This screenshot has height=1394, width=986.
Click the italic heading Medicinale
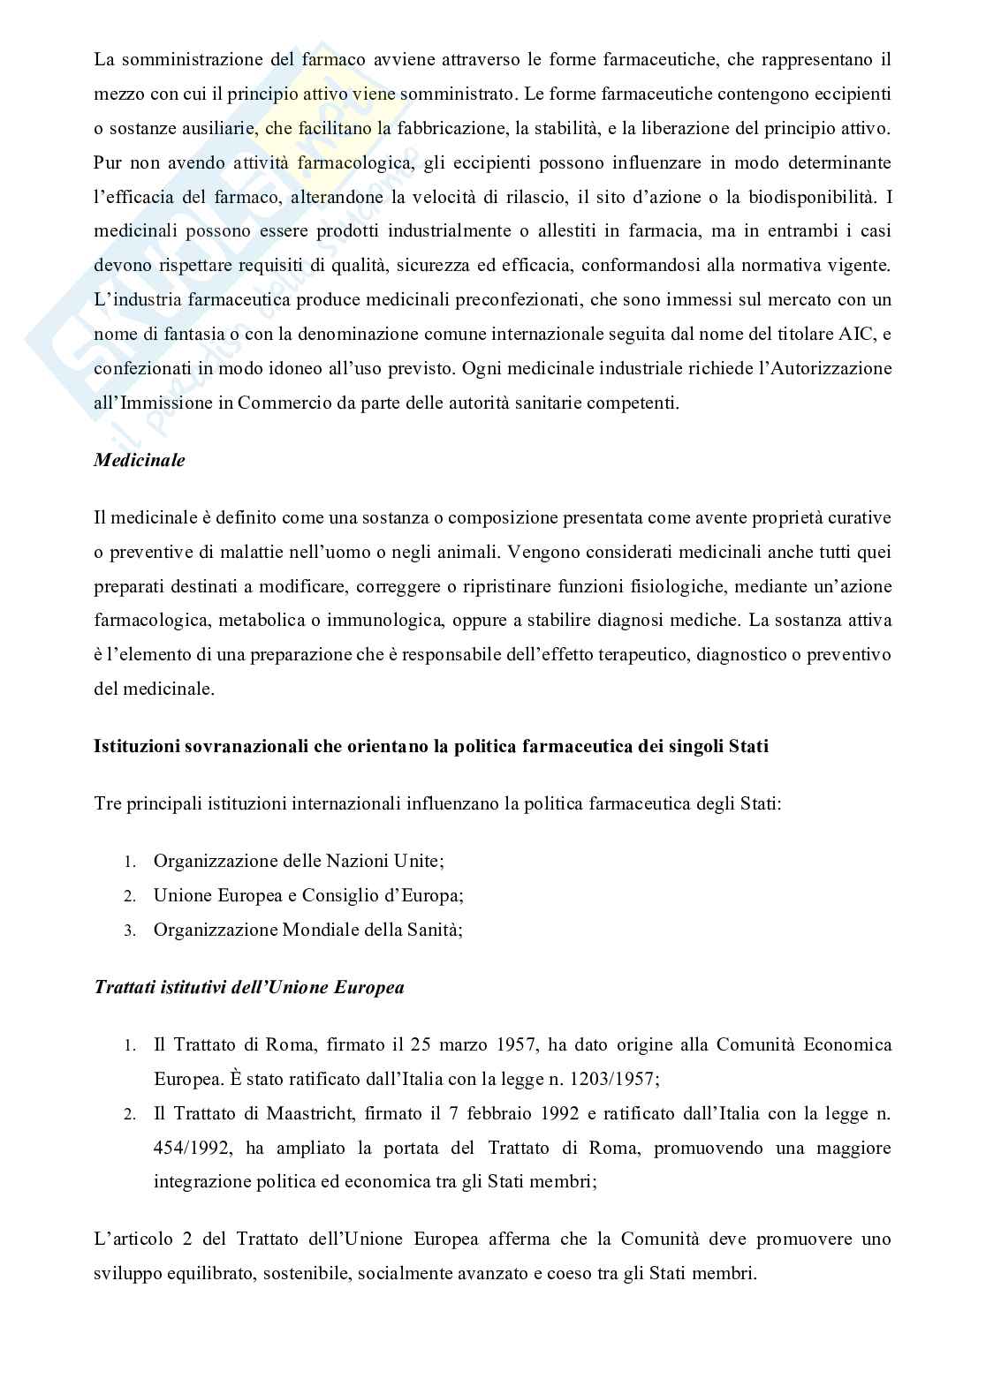140,461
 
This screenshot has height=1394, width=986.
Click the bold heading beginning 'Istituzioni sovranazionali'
431,746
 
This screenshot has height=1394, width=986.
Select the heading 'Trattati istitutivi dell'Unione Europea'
249,987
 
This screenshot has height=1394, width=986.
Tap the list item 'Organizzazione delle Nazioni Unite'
298,861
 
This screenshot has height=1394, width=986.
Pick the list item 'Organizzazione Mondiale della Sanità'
307,930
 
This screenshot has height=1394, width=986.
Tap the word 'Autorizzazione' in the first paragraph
822,368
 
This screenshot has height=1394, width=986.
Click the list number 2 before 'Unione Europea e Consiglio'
128,896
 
